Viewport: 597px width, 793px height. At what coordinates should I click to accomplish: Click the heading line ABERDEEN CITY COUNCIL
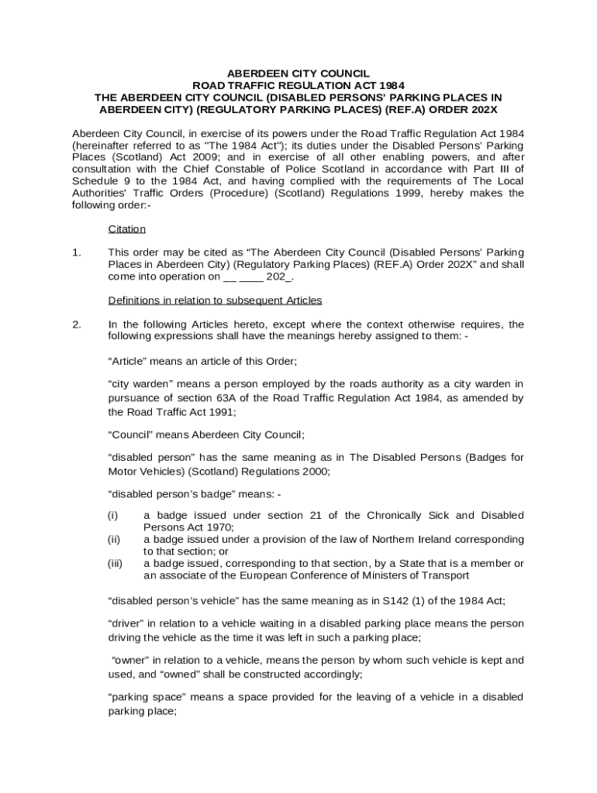pyautogui.click(x=298, y=74)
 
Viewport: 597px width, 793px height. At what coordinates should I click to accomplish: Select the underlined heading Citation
pyautogui.click(x=126, y=229)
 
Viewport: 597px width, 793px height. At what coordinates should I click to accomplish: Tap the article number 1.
pyautogui.click(x=76, y=252)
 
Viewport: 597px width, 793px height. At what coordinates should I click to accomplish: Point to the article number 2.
pyautogui.click(x=76, y=324)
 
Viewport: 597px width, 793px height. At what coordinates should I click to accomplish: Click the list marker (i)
pyautogui.click(x=112, y=516)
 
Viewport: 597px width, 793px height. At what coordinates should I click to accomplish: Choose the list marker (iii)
pyautogui.click(x=115, y=563)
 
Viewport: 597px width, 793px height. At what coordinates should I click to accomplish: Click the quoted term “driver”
pyautogui.click(x=127, y=623)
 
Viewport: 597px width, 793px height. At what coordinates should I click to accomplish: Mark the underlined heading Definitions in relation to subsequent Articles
pyautogui.click(x=215, y=300)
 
